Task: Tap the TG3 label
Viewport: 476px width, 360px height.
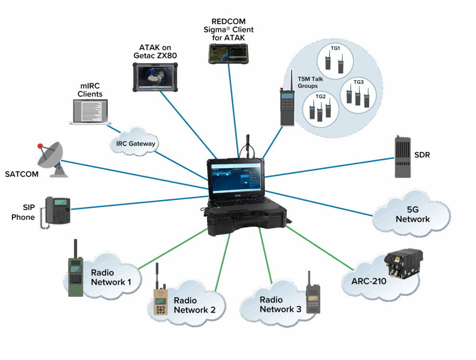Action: pyautogui.click(x=358, y=82)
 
